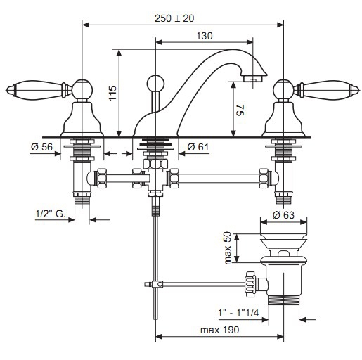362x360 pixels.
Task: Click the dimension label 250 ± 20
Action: click(174, 18)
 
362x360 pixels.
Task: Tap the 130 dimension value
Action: click(205, 36)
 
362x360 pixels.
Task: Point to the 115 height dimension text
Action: click(112, 93)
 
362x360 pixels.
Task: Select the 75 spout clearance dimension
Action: click(240, 110)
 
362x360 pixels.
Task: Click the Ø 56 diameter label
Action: click(41, 147)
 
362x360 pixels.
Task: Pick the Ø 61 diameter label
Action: click(198, 147)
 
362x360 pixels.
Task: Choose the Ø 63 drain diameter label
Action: click(283, 215)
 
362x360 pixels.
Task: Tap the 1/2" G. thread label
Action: click(51, 214)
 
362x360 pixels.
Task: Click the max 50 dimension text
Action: click(228, 248)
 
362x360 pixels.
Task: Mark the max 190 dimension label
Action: click(219, 330)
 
